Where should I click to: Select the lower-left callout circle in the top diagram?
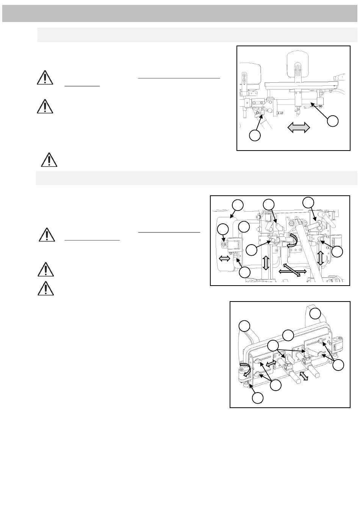coord(255,135)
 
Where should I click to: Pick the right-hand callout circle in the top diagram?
coord(332,121)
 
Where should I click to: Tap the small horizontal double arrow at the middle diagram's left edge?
coord(224,258)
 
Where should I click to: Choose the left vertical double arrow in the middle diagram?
coord(266,262)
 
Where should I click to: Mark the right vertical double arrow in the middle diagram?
coord(321,258)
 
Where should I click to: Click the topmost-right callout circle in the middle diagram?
coord(308,202)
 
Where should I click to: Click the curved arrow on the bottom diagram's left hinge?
coord(246,370)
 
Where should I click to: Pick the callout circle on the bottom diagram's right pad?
coord(315,314)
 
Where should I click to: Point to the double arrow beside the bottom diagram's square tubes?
coord(303,376)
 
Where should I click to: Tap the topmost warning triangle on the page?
coord(45,77)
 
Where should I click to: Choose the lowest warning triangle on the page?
coord(45,288)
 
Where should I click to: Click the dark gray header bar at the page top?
coord(180,14)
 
